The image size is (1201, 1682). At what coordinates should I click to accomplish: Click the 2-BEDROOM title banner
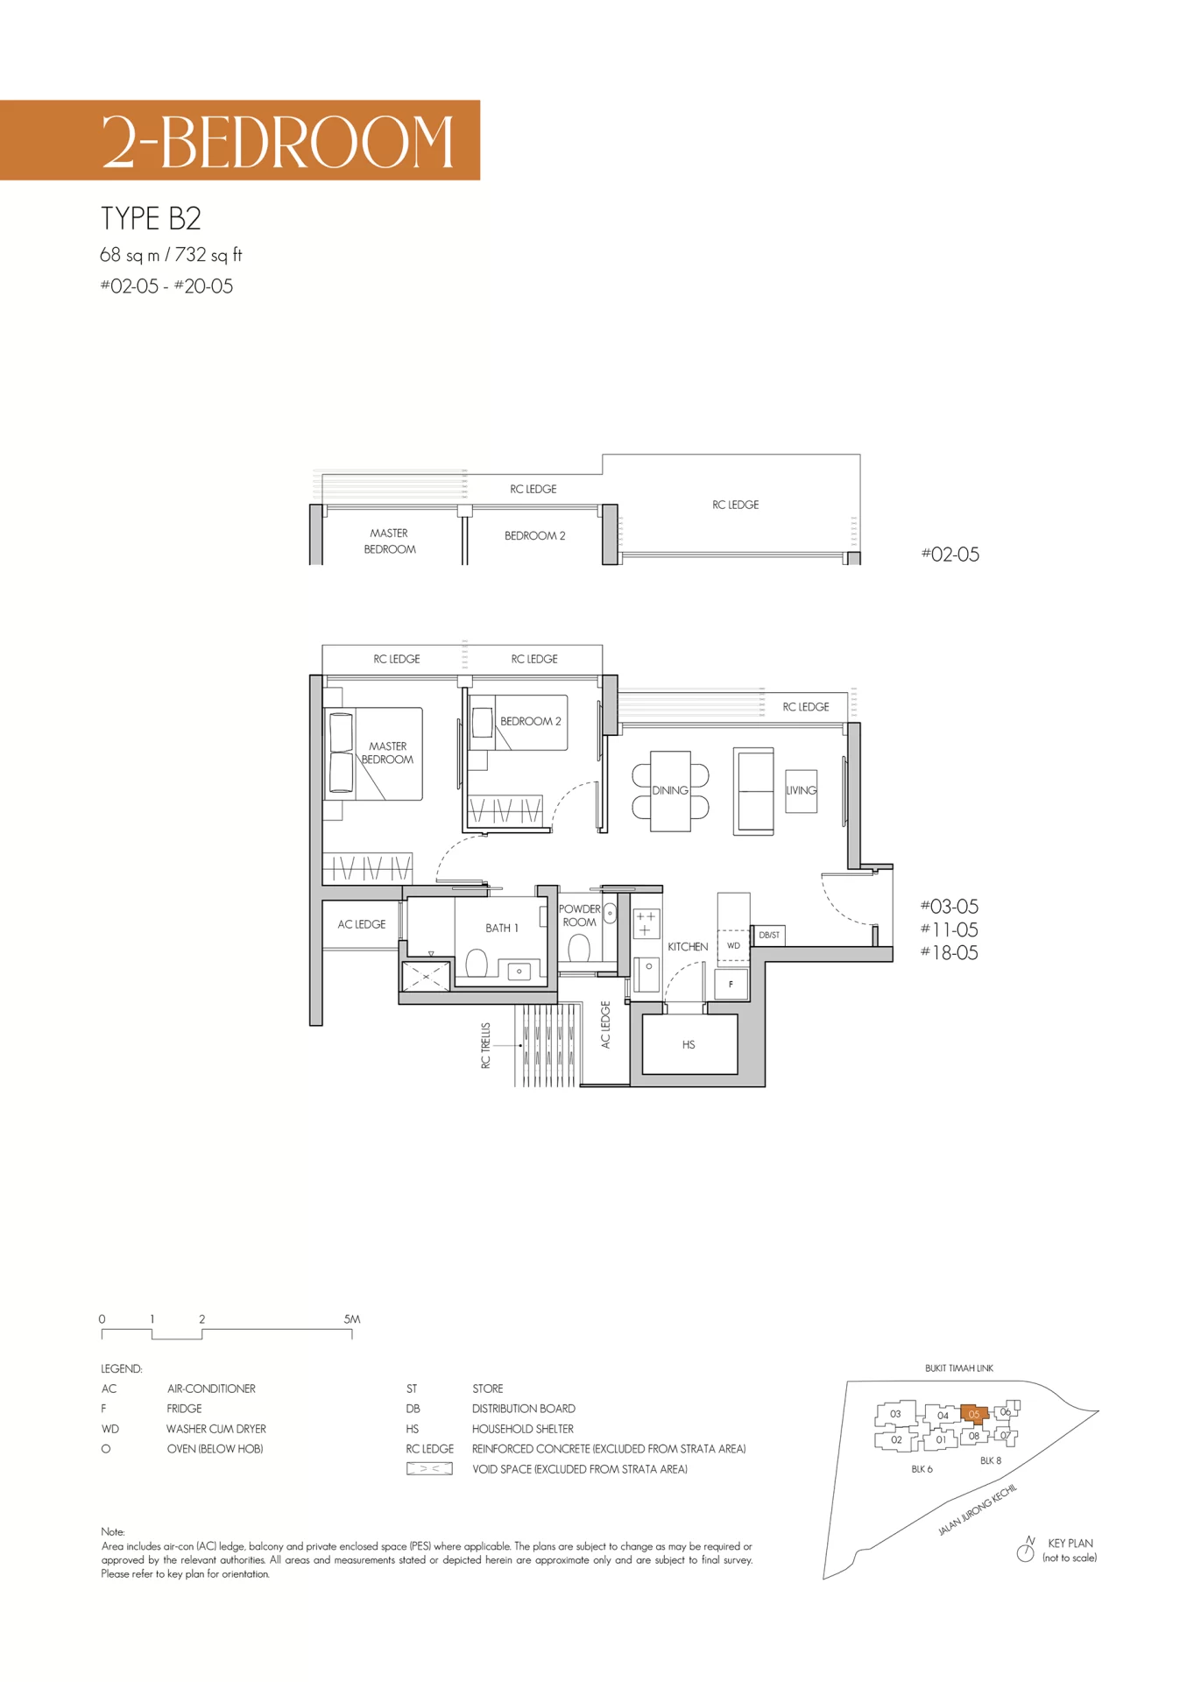coord(239,140)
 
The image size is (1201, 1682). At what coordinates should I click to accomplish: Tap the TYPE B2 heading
coord(151,218)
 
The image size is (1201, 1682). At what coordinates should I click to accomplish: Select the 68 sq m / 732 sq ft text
coord(171,255)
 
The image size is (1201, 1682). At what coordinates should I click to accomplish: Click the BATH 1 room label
coord(502,928)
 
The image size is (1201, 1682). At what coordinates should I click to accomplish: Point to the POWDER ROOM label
coord(579,915)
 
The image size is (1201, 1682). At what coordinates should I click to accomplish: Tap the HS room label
coord(689,1044)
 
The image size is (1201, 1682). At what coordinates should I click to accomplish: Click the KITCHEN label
coord(688,947)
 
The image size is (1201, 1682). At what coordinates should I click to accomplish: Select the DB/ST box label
coord(769,935)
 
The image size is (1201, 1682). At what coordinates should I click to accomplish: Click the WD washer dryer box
coord(733,946)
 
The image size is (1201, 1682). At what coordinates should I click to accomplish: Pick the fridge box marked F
coord(731,985)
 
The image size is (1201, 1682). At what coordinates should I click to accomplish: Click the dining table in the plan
coord(670,790)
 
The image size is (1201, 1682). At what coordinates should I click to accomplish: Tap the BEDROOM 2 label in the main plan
coord(531,721)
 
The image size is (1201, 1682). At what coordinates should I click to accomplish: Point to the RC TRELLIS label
coord(485,1045)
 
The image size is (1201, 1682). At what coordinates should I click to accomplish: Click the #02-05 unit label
coord(950,555)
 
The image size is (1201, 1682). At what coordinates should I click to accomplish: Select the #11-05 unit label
coord(950,929)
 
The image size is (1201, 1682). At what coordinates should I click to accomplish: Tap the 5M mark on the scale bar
coord(352,1318)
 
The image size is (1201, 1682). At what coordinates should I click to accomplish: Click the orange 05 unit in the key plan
coord(974,1414)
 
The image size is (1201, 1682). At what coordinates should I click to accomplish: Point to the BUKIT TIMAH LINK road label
coord(959,1368)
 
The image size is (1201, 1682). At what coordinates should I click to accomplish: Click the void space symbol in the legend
coord(429,1469)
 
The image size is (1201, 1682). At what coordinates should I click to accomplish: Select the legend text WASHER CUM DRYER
coord(216,1429)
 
